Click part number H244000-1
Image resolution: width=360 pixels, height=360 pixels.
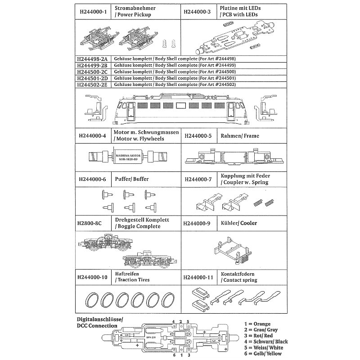(x=92, y=12)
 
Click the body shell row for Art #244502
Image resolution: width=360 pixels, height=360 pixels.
(x=175, y=84)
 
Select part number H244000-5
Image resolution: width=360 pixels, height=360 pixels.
(x=198, y=136)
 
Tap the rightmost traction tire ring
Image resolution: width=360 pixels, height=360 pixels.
(x=168, y=299)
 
